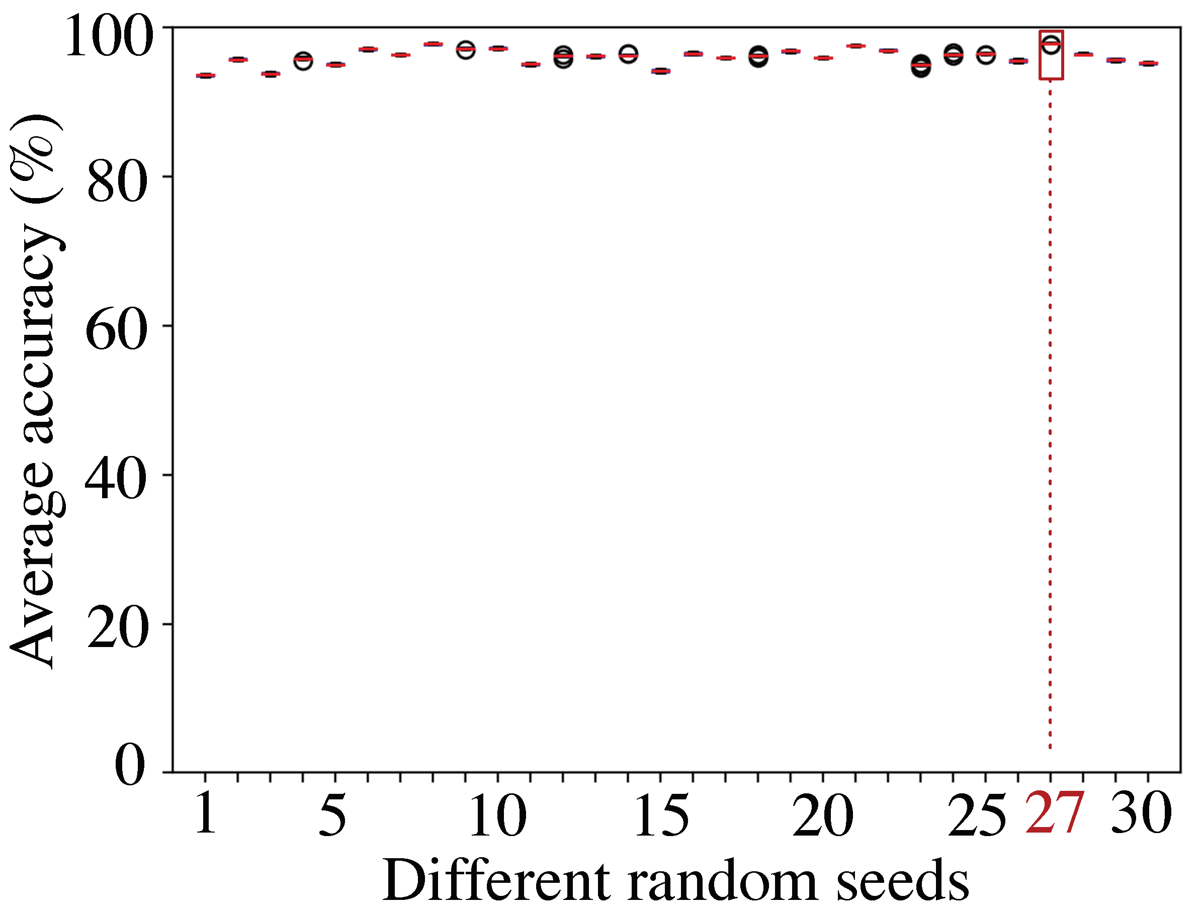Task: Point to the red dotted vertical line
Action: click(x=1050, y=413)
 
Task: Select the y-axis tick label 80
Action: click(x=117, y=183)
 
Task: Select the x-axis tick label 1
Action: click(x=206, y=814)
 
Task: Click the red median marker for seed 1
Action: click(x=205, y=75)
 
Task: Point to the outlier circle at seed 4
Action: click(x=303, y=61)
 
